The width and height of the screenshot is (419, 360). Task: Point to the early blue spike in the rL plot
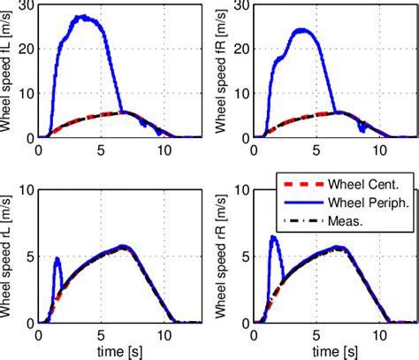click(57, 258)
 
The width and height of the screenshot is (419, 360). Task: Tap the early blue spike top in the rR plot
click(273, 236)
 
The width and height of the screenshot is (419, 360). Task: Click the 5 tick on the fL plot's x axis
click(101, 149)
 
